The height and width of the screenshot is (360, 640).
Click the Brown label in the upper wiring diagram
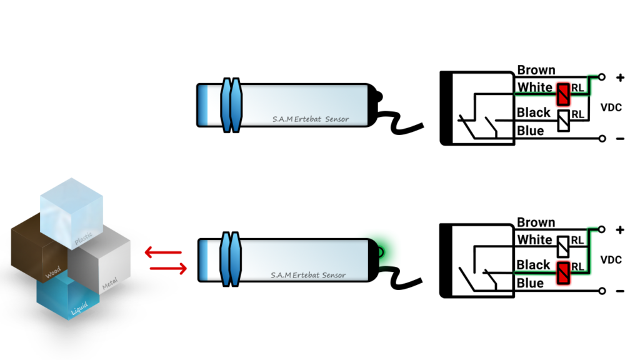[x=536, y=70]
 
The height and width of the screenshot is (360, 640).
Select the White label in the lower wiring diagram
[x=534, y=240]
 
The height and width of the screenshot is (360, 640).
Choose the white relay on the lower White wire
[x=563, y=245]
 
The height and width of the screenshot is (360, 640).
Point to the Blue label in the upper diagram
[x=530, y=131]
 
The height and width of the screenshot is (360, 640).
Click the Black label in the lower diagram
[x=533, y=265]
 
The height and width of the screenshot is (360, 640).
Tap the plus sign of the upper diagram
[x=620, y=78]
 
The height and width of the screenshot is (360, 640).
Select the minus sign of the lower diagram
[x=620, y=291]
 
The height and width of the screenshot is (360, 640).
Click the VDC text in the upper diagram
[x=611, y=107]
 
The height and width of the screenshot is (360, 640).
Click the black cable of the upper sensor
[x=403, y=122]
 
